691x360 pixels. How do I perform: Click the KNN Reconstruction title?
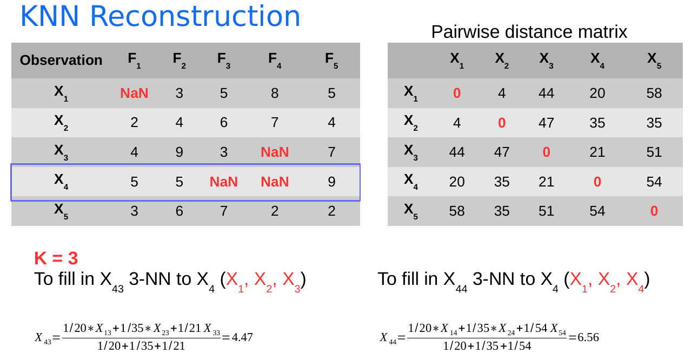coord(160,16)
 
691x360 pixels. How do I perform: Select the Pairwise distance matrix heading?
coord(529,32)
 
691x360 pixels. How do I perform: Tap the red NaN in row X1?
coord(134,93)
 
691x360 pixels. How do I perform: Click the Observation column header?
coord(61,60)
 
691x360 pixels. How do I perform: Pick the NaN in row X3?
coord(275,152)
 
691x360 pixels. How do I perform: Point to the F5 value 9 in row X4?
coord(331,182)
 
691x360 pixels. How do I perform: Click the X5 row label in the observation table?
coord(61,211)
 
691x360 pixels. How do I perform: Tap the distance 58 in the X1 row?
coord(654,93)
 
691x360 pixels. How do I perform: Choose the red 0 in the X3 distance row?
coord(546,152)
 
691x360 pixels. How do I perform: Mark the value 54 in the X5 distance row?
coord(597,211)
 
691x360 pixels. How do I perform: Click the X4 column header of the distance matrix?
coord(597,61)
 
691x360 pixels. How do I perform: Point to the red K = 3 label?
coord(56,258)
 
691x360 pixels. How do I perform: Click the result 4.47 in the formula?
coord(242,337)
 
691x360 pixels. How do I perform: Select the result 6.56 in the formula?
coord(588,337)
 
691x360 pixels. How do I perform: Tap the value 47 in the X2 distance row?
coord(546,123)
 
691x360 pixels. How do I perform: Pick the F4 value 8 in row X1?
coord(275,93)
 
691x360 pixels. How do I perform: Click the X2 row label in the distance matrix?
coord(411,123)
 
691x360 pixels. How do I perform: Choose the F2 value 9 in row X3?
coord(179,152)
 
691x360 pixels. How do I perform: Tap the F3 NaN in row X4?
coord(224,182)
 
